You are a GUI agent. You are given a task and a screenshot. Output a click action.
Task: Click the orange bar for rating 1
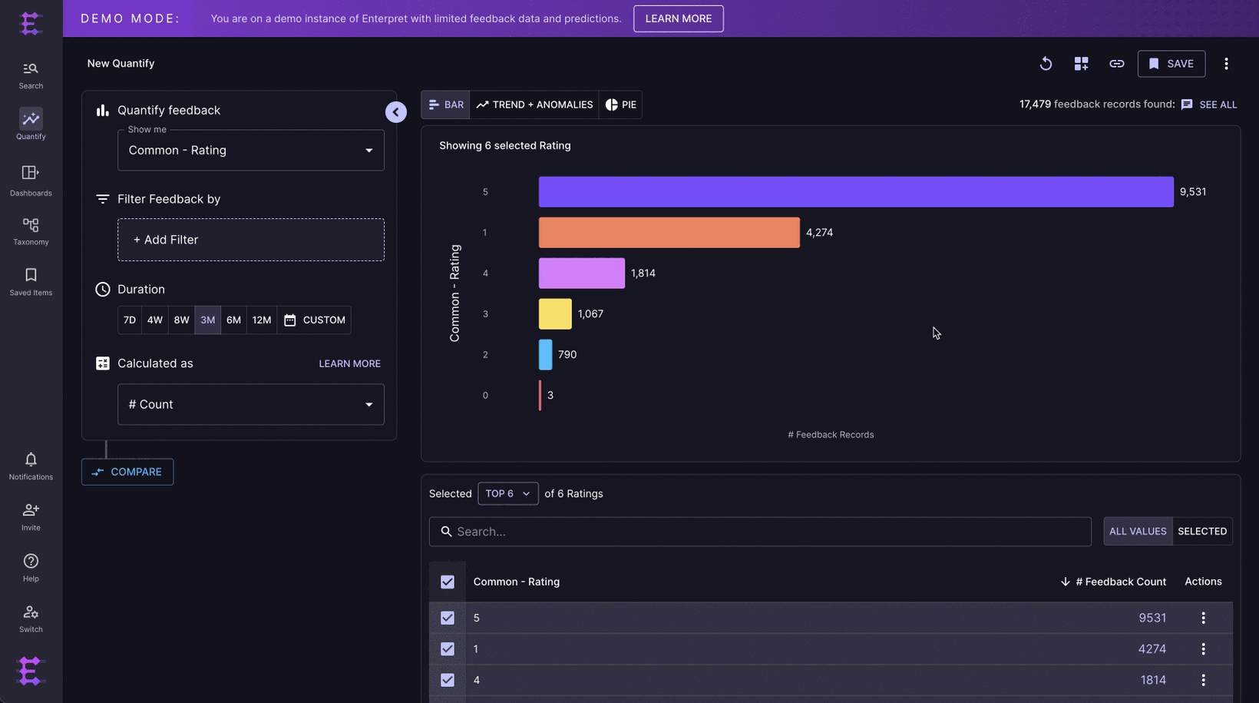(669, 232)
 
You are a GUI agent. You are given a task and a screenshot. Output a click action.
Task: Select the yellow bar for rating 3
(555, 313)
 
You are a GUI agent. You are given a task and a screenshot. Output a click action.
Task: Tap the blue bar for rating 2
(545, 354)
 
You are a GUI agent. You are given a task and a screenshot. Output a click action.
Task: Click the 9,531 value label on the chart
(1192, 192)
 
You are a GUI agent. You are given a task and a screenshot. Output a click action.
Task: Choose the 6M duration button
(233, 320)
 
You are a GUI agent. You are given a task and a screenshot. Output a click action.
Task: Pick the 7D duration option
(130, 320)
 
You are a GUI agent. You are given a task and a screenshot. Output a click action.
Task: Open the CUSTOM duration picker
(315, 320)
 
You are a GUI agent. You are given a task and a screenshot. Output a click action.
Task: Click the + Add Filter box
(251, 240)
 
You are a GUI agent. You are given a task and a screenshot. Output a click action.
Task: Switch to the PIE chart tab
(620, 104)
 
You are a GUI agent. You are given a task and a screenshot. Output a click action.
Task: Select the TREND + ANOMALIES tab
(534, 104)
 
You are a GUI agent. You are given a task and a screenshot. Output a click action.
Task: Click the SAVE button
(1171, 64)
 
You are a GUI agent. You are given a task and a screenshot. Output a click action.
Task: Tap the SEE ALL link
(1218, 104)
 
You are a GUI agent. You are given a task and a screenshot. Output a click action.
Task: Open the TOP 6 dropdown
(507, 493)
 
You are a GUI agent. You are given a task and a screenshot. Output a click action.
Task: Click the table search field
(760, 532)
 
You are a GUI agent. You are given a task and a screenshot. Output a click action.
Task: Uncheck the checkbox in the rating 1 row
(448, 649)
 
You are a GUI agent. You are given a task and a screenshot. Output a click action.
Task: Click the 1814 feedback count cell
(1152, 680)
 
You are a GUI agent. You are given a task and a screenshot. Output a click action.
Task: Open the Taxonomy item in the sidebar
(31, 231)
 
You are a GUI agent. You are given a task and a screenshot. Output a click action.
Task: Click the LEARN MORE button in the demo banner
(678, 18)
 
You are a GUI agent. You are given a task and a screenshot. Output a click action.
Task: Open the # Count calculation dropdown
(251, 404)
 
